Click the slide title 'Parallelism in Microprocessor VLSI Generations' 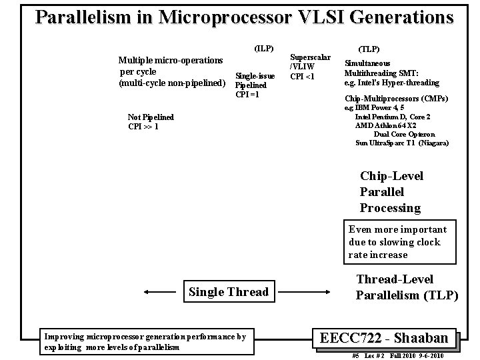click(x=244, y=17)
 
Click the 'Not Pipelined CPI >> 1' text click(x=151, y=121)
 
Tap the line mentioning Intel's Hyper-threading click(x=391, y=83)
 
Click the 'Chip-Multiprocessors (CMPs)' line click(x=396, y=99)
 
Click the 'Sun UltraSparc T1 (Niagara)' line click(x=402, y=143)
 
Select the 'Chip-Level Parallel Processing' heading click(x=391, y=192)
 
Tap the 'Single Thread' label click(x=229, y=291)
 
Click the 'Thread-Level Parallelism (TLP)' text click(x=407, y=287)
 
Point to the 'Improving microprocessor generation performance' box click(x=145, y=341)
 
